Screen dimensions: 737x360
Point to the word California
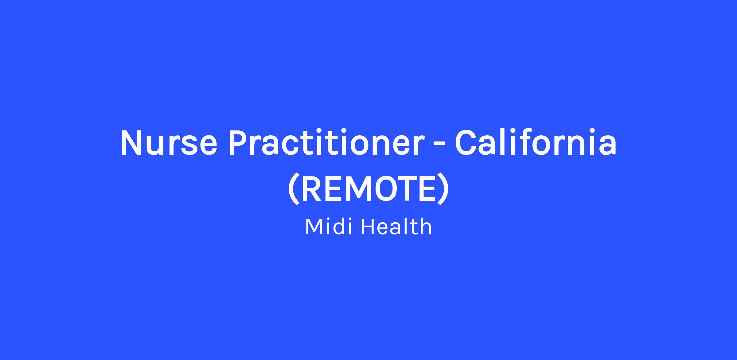(x=536, y=142)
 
